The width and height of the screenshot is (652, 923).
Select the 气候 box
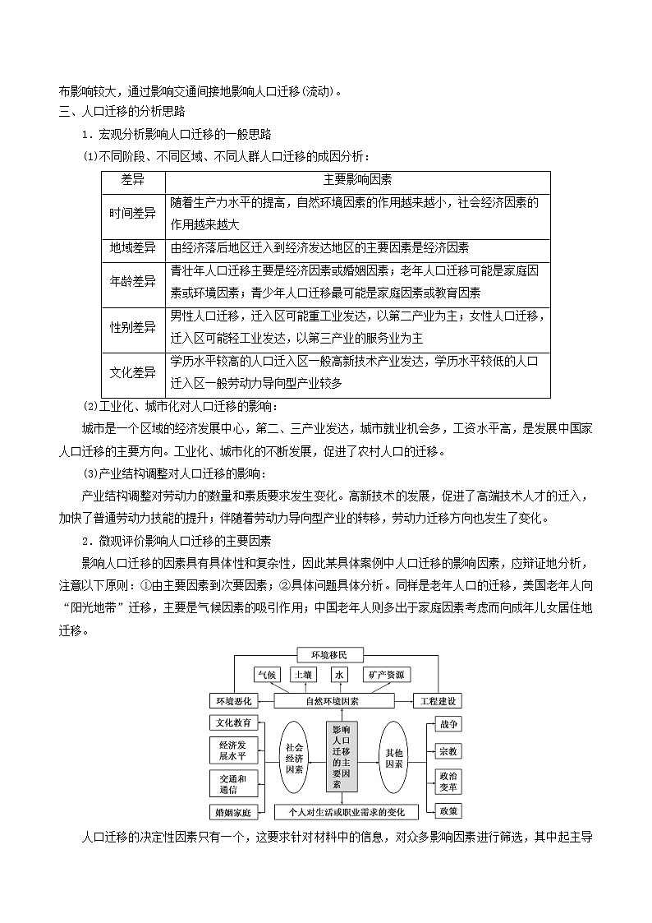(268, 675)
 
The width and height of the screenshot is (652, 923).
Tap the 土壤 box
(302, 675)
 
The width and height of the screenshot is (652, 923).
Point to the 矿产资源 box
(384, 675)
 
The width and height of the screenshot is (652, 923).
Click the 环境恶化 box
(234, 701)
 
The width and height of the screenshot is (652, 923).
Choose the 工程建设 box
(436, 701)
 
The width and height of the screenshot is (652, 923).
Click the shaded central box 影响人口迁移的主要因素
(342, 757)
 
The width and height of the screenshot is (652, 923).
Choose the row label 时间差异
(133, 213)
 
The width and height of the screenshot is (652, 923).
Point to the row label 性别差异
(133, 327)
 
